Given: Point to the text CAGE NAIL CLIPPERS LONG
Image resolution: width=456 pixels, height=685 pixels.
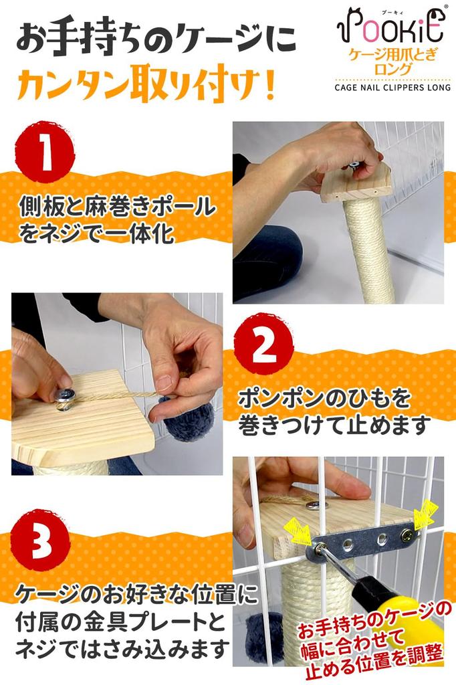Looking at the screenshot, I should click(392, 88).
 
